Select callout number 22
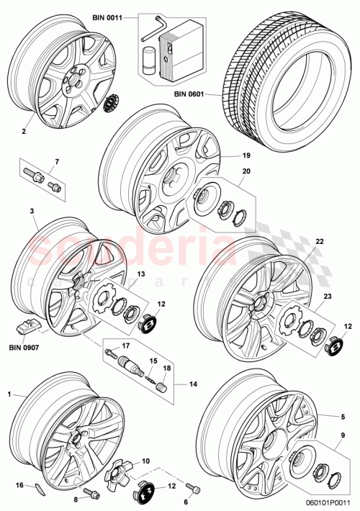(x=320, y=242)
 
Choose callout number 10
(x=145, y=461)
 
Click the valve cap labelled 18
(x=159, y=385)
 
